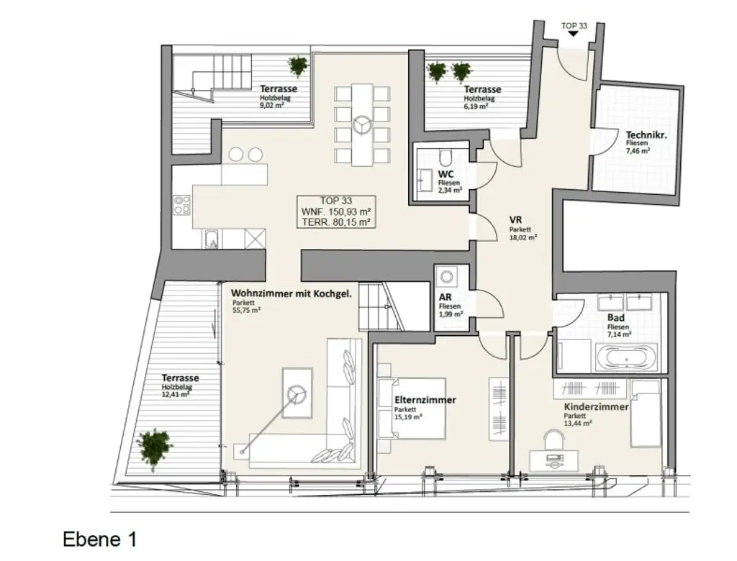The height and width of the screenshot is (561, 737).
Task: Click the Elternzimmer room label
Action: click(x=425, y=400)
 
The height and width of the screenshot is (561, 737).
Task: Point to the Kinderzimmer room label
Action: click(x=596, y=407)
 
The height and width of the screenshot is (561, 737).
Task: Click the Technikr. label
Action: click(x=645, y=134)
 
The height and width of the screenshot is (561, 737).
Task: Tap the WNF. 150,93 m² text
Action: click(x=337, y=211)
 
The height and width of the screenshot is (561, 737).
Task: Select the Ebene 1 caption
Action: click(x=99, y=539)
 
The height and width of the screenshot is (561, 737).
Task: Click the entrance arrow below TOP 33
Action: click(x=573, y=34)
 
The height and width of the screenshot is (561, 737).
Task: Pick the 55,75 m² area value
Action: click(x=246, y=311)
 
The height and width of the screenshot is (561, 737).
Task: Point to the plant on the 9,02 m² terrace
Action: click(x=298, y=65)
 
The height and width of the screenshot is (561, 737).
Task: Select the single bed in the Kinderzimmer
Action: click(x=645, y=413)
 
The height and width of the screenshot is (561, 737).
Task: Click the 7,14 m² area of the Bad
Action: click(x=619, y=334)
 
